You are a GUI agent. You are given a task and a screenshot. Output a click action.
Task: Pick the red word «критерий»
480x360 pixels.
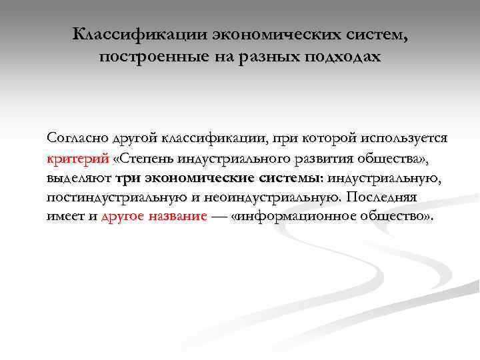(x=77, y=159)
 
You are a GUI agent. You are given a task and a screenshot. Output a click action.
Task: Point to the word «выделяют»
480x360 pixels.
(x=79, y=178)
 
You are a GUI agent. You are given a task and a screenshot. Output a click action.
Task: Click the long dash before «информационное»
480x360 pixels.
(x=219, y=218)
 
